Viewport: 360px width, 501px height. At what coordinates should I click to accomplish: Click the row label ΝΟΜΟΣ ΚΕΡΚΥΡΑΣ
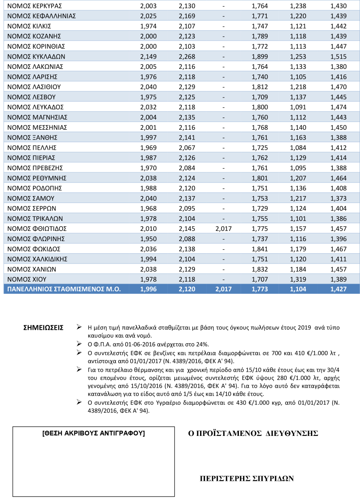35,6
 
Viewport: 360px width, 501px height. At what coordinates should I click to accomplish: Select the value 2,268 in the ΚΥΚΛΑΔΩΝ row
187,56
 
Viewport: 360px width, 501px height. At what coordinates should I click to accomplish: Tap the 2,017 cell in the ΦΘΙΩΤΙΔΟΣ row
223,228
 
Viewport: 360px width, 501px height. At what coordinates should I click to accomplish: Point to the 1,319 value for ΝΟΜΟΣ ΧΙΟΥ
298,279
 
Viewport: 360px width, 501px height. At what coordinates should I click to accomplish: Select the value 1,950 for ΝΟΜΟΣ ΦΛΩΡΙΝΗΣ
148,239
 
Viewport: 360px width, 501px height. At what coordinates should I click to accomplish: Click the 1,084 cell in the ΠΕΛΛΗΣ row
298,147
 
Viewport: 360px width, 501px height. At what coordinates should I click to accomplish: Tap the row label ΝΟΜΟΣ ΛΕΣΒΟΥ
32,97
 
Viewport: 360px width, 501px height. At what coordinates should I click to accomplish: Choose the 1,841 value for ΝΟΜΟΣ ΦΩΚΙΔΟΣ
259,249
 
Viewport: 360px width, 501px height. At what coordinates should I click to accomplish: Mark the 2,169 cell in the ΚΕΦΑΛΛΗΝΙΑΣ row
187,16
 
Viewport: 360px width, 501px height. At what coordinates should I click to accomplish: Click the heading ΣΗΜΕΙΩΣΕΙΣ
44,327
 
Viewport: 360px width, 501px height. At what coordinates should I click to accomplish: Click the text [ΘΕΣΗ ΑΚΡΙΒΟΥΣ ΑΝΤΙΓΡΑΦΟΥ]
94,433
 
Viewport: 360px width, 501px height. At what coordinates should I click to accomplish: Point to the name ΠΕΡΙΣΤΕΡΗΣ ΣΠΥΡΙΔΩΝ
247,478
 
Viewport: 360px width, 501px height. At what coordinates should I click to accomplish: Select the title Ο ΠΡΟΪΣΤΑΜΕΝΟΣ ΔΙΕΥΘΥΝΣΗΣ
253,433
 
